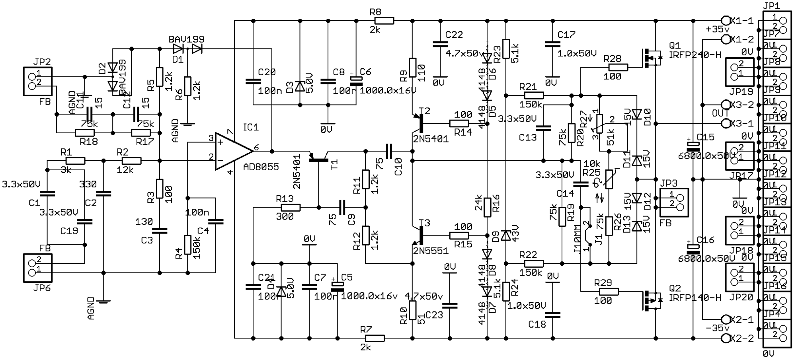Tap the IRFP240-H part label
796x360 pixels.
pyautogui.click(x=695, y=55)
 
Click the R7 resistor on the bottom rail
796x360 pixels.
pyautogui.click(x=375, y=338)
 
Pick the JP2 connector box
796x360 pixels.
pyautogui.click(x=38, y=82)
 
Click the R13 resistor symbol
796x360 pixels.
pyautogui.click(x=291, y=207)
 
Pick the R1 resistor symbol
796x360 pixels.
pyautogui.click(x=75, y=161)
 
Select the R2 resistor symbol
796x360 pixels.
pyautogui.click(x=131, y=161)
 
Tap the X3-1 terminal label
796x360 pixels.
pyautogui.click(x=742, y=124)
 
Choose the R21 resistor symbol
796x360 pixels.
pyautogui.click(x=534, y=95)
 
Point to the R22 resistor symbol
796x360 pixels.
pyautogui.click(x=534, y=263)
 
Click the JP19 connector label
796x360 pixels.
pyautogui.click(x=741, y=92)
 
